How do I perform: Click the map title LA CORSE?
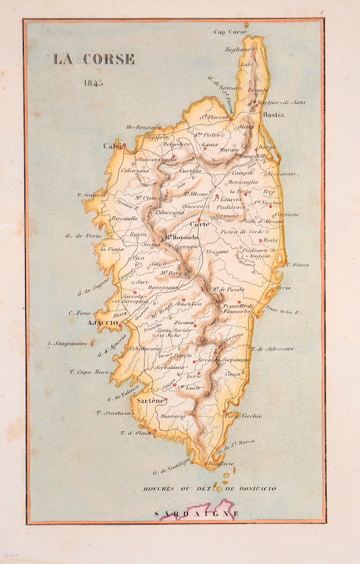click(93, 59)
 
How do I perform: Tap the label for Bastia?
click(273, 114)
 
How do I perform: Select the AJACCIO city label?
click(103, 324)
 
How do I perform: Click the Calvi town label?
click(112, 146)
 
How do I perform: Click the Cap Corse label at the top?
click(231, 32)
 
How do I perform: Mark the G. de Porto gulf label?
click(80, 235)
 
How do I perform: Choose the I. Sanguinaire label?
click(66, 344)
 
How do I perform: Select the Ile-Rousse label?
click(140, 127)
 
